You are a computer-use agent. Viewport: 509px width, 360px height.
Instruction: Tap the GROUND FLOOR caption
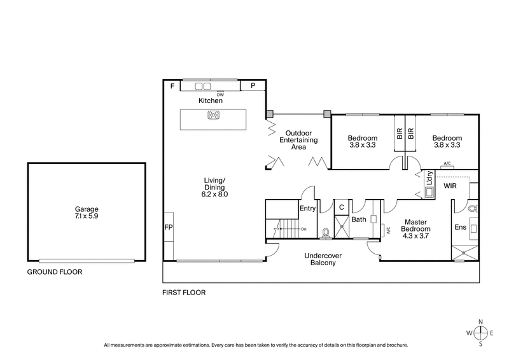tap(55, 272)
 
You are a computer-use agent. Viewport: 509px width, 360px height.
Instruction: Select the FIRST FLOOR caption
tap(185, 293)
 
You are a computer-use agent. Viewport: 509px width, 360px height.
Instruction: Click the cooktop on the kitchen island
tap(213, 115)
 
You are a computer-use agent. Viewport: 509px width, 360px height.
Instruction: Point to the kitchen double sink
tap(202, 86)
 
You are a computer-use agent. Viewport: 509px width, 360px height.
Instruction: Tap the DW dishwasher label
tap(220, 94)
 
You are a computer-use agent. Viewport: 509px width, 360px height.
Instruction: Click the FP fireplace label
tap(169, 227)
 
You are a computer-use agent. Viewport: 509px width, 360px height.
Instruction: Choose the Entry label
tap(307, 208)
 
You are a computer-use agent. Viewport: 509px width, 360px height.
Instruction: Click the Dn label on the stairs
tap(303, 229)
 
